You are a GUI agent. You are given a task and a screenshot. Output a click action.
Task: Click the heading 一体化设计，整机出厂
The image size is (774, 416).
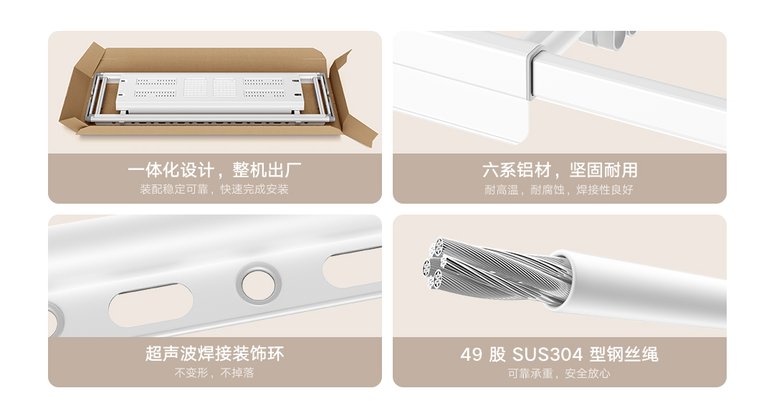(214, 170)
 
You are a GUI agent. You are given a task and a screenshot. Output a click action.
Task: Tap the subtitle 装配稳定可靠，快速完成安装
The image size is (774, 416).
(214, 189)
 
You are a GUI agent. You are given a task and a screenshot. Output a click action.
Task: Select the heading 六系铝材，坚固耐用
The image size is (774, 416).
(560, 170)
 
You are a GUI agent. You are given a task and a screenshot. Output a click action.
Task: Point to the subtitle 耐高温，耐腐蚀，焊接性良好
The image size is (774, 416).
(559, 190)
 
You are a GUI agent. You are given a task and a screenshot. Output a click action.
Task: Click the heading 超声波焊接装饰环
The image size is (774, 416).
(215, 354)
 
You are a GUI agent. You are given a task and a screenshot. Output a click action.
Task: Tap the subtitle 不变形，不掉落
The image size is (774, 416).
(214, 372)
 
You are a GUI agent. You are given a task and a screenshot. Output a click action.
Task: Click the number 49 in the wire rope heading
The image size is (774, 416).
(471, 354)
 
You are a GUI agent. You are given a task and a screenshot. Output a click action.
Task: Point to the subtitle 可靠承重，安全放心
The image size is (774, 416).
(559, 374)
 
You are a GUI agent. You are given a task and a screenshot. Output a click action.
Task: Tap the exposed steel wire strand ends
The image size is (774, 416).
(434, 265)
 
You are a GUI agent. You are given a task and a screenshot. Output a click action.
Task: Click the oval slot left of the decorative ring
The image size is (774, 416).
(150, 305)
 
